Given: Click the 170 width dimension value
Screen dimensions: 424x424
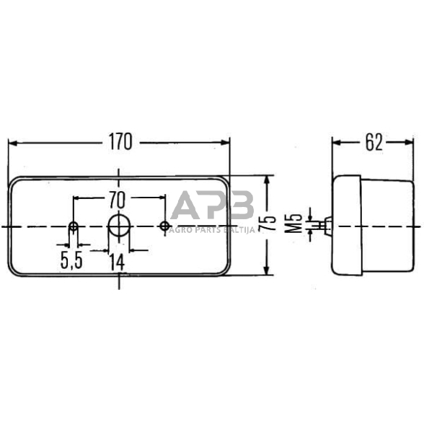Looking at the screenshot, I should point(120,142).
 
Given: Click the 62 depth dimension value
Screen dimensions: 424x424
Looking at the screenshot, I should point(373,142).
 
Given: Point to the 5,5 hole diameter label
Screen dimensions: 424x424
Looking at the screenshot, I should point(71,261).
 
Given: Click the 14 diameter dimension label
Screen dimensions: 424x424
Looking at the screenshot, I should point(117,261).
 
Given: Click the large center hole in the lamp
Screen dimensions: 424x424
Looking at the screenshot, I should point(118,226).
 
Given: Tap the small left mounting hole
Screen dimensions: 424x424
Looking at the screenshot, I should point(74,228).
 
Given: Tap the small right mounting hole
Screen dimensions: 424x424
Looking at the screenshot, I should point(164,227).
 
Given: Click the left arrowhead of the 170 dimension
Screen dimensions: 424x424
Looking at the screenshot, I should point(13,142).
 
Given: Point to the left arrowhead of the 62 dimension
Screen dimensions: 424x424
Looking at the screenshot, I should point(337,142).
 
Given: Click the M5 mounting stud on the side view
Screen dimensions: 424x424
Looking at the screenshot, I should point(325,226).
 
